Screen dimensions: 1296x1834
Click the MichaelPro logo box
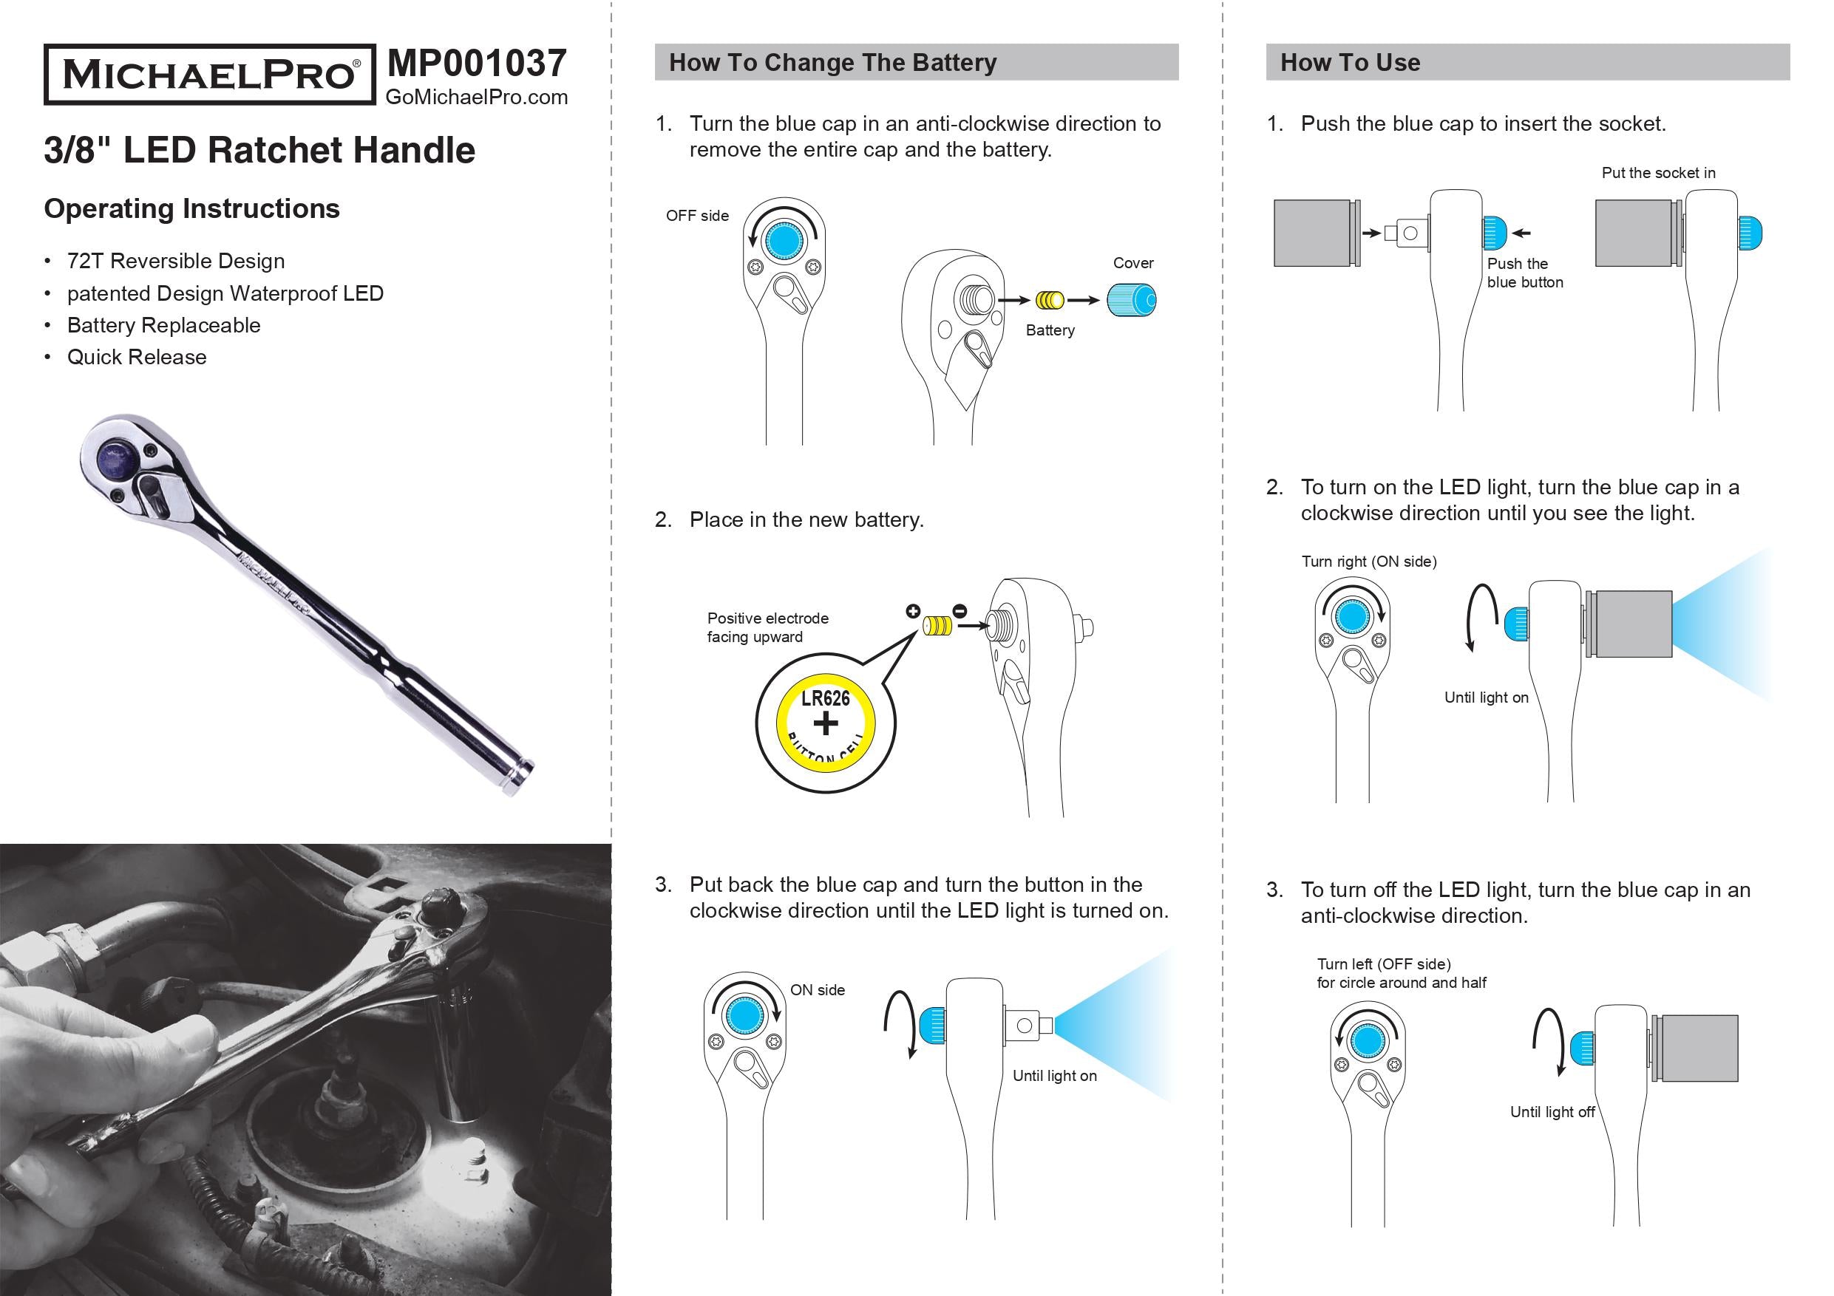pyautogui.click(x=209, y=75)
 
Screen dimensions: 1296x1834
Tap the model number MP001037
pyautogui.click(x=476, y=63)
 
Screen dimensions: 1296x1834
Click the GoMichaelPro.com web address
pyautogui.click(x=476, y=98)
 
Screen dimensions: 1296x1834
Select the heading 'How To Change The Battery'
pyautogui.click(x=832, y=62)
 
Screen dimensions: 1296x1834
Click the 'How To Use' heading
pyautogui.click(x=1350, y=62)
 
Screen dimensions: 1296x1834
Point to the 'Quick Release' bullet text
pyautogui.click(x=137, y=357)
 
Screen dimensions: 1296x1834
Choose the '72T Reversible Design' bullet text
pyautogui.click(x=176, y=261)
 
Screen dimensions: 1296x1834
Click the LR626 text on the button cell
pyautogui.click(x=825, y=699)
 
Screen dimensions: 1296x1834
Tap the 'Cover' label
pyautogui.click(x=1132, y=263)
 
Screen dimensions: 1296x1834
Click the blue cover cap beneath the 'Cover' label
pyautogui.click(x=1132, y=300)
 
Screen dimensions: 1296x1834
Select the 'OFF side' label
pyautogui.click(x=697, y=216)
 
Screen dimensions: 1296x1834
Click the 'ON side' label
pyautogui.click(x=817, y=990)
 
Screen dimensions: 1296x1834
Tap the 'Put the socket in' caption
pyautogui.click(x=1658, y=172)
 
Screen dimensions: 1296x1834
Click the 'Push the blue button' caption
pyautogui.click(x=1524, y=273)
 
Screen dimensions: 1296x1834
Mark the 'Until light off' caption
pyautogui.click(x=1552, y=1112)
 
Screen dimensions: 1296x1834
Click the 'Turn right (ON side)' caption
pyautogui.click(x=1369, y=562)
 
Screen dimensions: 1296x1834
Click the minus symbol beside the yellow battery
pyautogui.click(x=960, y=612)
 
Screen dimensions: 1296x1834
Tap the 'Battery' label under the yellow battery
pyautogui.click(x=1050, y=330)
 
